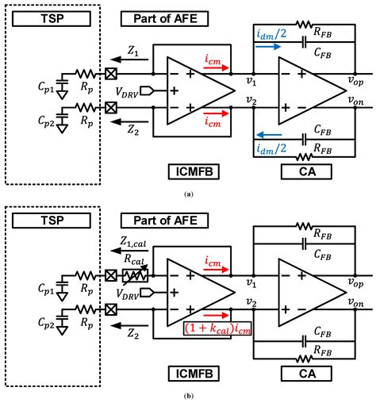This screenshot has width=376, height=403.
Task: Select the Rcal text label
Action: [x=134, y=259]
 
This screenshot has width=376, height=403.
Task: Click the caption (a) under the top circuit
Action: [x=187, y=194]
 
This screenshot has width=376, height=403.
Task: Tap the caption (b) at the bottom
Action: [x=187, y=394]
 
